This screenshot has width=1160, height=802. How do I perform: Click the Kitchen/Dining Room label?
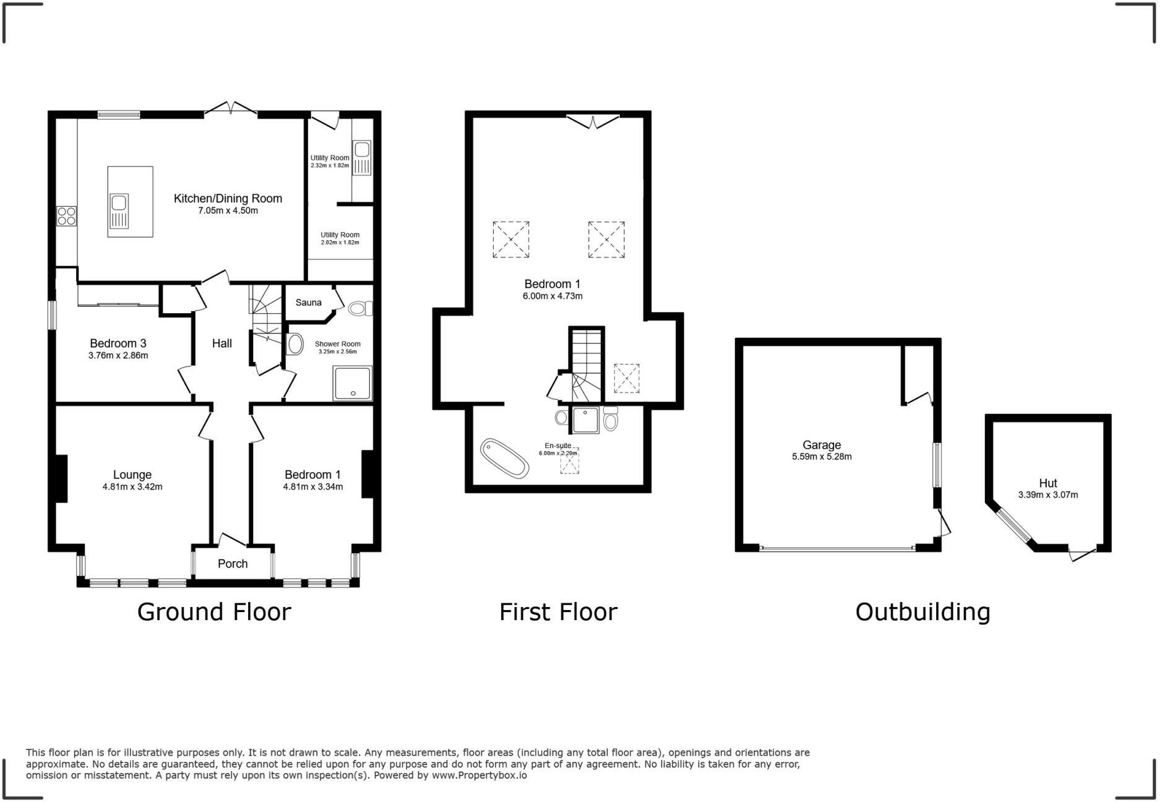(228, 199)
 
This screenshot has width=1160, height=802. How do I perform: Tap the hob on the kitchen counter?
(66, 216)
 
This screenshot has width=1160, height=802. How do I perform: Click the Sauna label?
(308, 303)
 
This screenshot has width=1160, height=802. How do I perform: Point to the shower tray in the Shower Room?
(352, 383)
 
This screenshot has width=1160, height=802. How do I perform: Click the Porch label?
(233, 564)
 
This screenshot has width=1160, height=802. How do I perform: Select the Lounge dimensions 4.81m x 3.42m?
(132, 487)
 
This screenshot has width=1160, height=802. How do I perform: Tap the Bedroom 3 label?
(118, 343)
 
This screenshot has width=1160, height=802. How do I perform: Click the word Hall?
(222, 343)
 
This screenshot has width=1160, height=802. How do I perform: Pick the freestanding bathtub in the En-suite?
(505, 458)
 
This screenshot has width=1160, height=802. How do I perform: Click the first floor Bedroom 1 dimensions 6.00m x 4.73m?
(552, 296)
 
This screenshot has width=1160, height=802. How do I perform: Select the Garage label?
(822, 445)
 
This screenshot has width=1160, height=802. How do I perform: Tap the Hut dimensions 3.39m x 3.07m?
(1048, 495)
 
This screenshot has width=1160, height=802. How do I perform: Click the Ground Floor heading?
(214, 612)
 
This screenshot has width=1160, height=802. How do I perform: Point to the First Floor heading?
(558, 612)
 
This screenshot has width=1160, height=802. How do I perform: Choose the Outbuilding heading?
(922, 612)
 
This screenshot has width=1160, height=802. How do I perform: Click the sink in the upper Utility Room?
(361, 150)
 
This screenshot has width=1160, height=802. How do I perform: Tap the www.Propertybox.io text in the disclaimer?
(479, 775)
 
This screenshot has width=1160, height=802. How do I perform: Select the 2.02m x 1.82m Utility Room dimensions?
(340, 243)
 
